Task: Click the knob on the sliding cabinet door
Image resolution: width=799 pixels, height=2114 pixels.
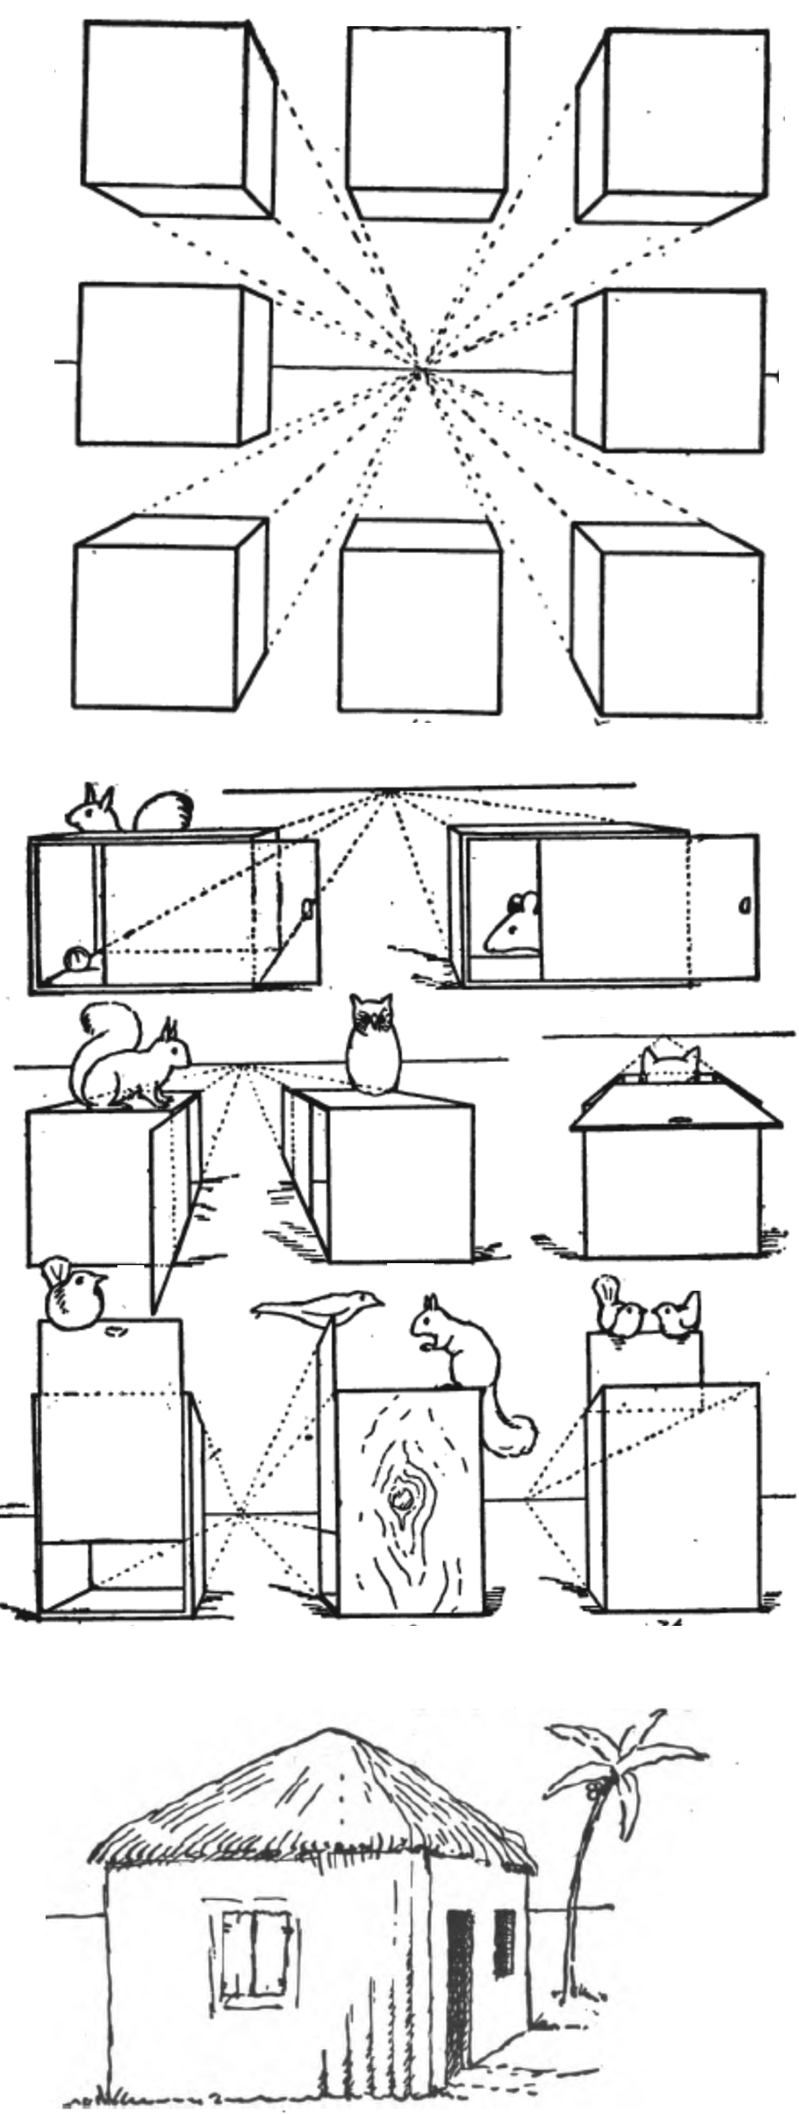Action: (744, 906)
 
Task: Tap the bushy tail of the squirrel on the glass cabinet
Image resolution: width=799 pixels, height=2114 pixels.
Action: (164, 811)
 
